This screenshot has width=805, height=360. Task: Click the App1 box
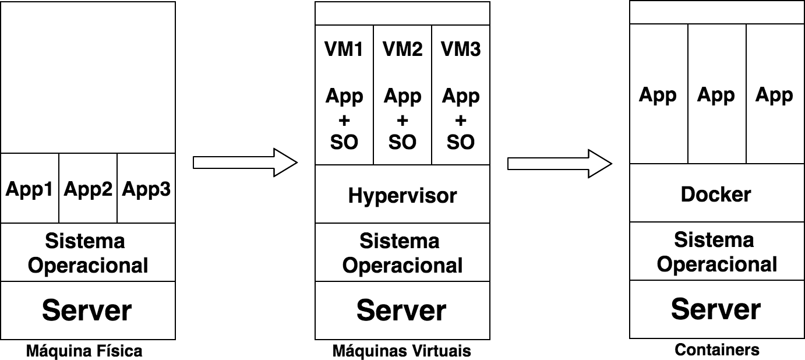30,189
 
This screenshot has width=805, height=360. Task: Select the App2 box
88,189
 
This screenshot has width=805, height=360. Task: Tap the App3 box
146,189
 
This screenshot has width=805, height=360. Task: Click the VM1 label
344,50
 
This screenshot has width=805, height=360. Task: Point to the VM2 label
402,50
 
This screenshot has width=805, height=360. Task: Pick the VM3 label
460,50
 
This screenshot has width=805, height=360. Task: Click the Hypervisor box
402,195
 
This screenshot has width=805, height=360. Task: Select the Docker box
716,194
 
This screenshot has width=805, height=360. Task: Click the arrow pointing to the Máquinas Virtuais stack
245,162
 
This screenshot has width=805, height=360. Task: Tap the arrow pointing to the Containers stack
559,163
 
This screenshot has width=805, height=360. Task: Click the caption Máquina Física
84,351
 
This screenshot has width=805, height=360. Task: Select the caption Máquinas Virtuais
401,351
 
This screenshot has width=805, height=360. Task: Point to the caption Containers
717,350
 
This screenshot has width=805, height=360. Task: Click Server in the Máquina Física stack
87,310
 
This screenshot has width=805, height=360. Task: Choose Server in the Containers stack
716,309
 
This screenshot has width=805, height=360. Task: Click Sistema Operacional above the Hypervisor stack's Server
402,253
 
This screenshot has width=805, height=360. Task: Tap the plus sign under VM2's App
402,121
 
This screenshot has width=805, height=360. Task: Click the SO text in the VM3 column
460,142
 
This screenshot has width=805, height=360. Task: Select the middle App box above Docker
716,95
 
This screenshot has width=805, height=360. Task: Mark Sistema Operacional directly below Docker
716,252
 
